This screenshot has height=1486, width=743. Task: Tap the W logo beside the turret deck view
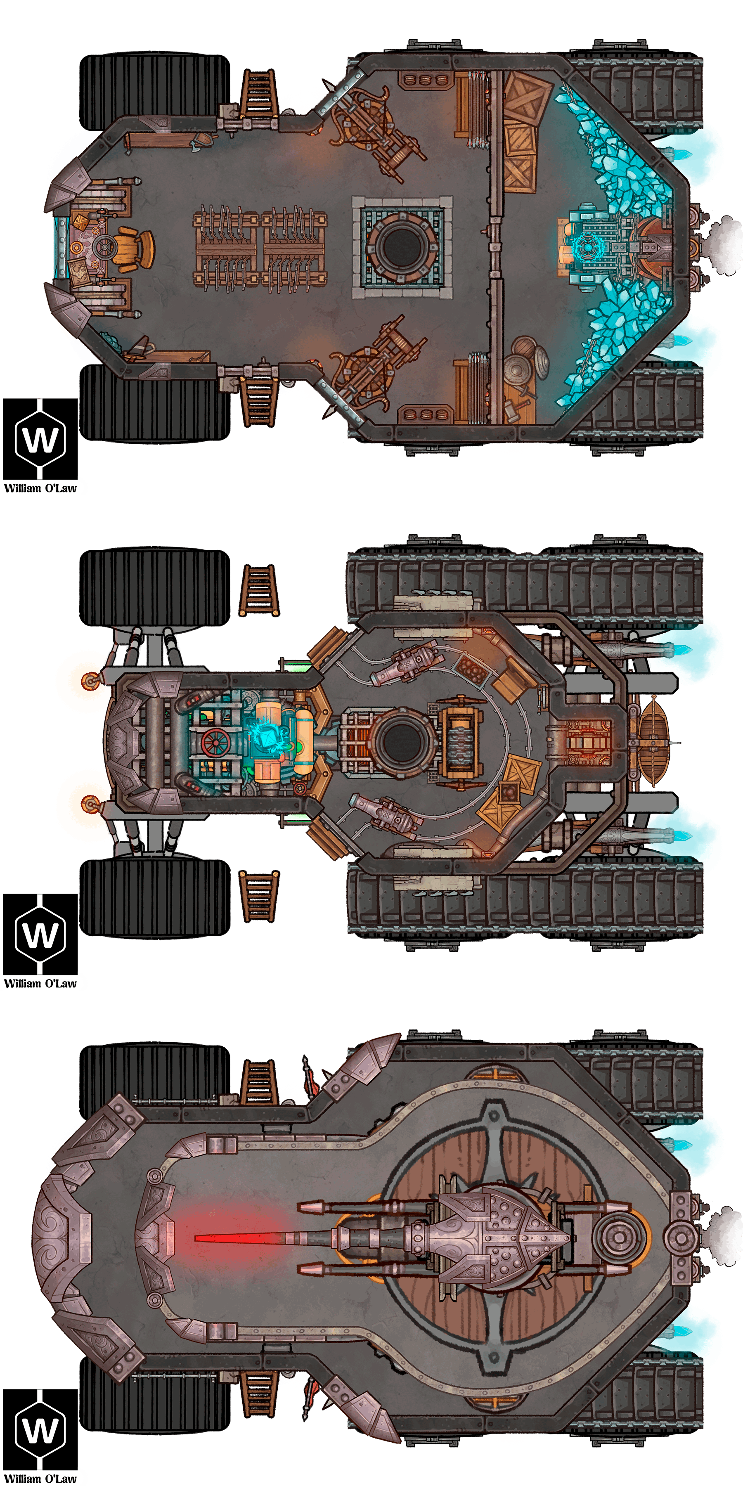40,1429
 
